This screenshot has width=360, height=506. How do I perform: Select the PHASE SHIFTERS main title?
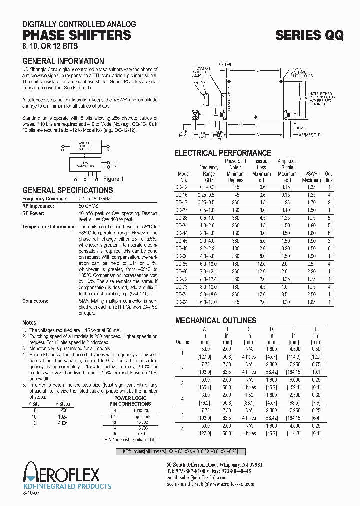[77, 35]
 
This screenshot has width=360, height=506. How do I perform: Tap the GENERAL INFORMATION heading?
[63, 61]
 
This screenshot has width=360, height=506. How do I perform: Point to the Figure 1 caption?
[113, 179]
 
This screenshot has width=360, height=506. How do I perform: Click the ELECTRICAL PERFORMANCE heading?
[223, 153]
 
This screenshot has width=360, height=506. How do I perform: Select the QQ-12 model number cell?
[183, 187]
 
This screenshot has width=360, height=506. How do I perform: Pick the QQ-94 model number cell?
[183, 302]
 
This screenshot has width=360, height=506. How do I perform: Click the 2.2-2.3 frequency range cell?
[208, 248]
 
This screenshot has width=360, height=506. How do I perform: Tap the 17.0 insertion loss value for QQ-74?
[261, 295]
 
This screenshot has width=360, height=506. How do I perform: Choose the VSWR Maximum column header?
[311, 177]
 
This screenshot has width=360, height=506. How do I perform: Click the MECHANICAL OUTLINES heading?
[215, 320]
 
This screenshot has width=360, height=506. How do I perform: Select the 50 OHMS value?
[88, 205]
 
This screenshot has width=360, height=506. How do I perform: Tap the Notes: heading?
[30, 322]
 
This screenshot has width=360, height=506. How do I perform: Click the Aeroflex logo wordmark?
[62, 473]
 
